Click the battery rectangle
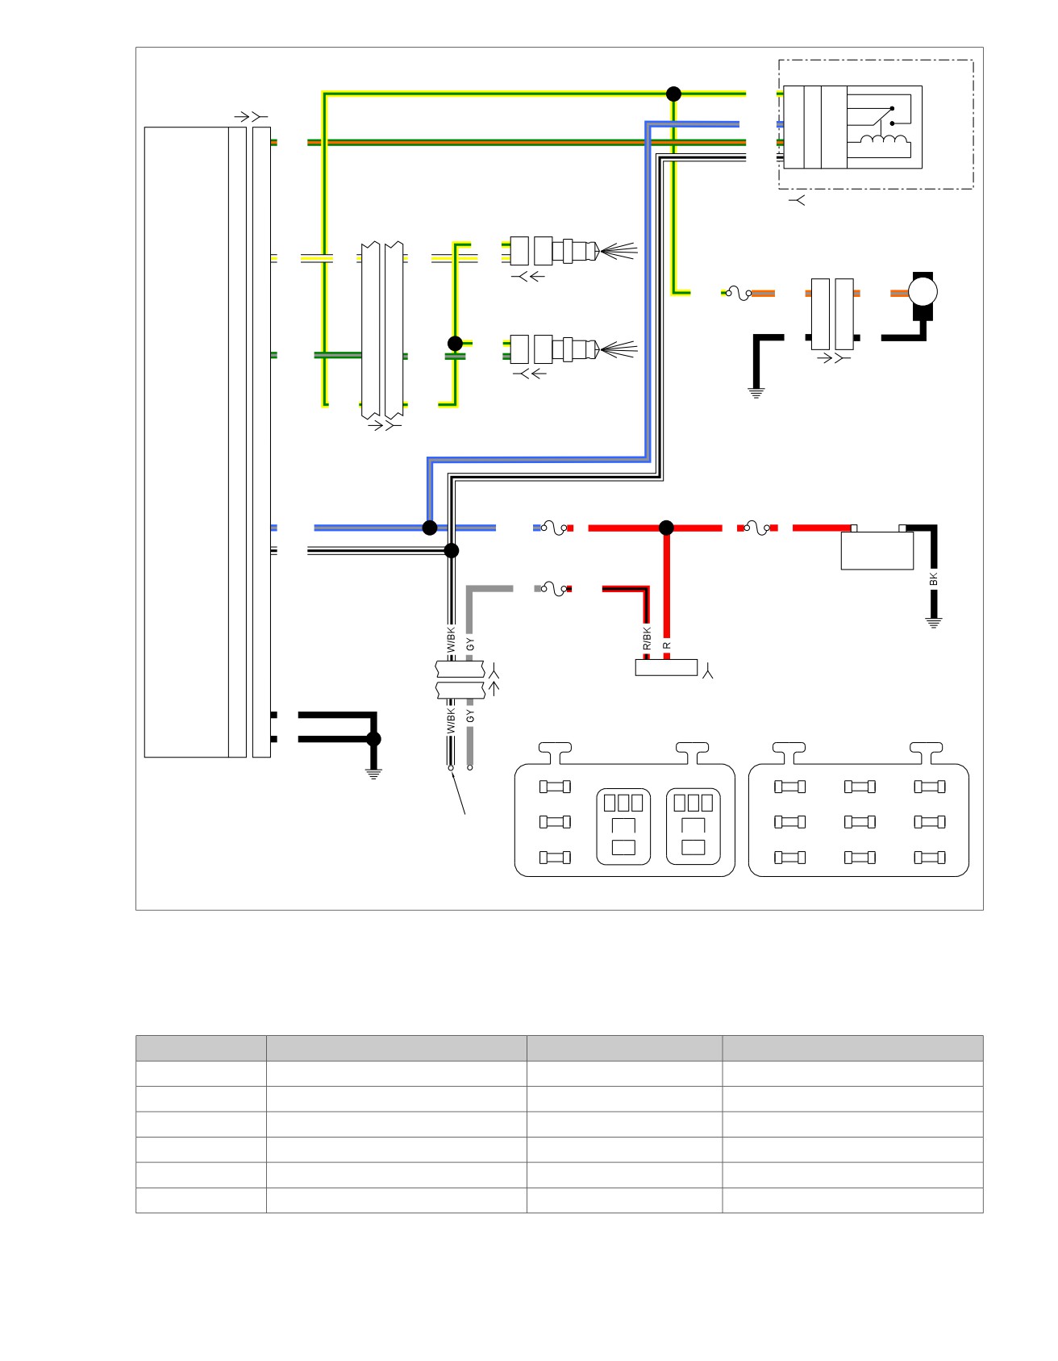click(877, 550)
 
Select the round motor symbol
click(923, 292)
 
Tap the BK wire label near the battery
click(934, 578)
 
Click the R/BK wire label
click(647, 638)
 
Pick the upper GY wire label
click(471, 644)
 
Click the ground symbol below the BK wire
click(934, 622)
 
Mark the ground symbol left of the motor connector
click(756, 393)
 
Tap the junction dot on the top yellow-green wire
click(674, 94)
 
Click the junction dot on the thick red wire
click(666, 528)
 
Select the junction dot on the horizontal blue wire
click(430, 528)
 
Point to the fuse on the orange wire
click(737, 293)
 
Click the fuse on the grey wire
click(553, 588)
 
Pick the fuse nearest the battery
click(756, 528)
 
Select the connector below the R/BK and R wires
click(666, 667)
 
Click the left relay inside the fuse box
click(623, 825)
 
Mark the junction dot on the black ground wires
click(373, 738)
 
